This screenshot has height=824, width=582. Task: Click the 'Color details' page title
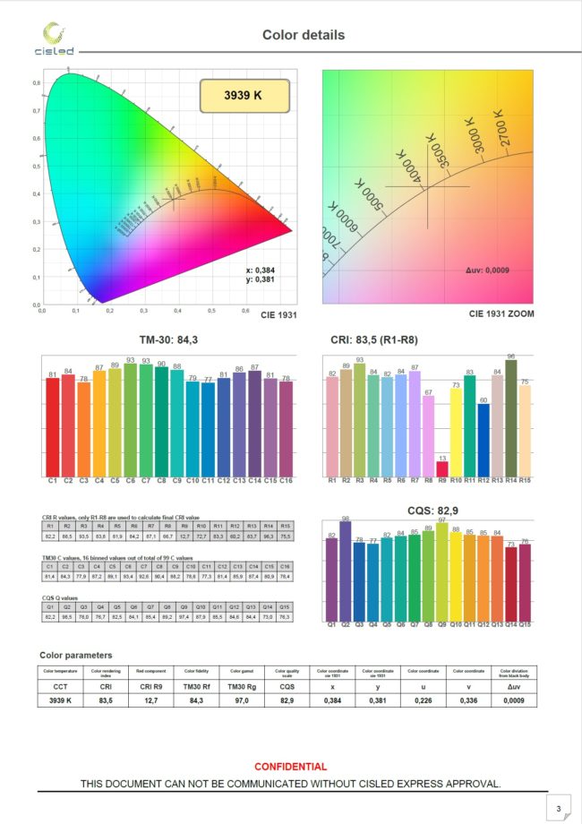303,35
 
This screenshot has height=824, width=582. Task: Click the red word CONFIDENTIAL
291,767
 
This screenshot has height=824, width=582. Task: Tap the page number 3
558,809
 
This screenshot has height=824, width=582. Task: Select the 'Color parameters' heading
77,656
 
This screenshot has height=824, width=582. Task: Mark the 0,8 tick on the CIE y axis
37,82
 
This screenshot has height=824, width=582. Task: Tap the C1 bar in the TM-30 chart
53,426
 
